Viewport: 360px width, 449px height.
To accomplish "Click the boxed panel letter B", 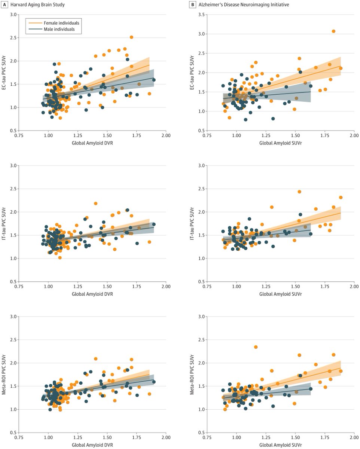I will (193, 4).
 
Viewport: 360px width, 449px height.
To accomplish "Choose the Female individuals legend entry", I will (60, 23).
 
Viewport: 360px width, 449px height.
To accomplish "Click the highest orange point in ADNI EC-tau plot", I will (333, 31).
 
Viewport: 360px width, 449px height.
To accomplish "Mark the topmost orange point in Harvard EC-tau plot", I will (131, 37).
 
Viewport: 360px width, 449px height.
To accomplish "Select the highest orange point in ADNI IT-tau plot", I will (299, 192).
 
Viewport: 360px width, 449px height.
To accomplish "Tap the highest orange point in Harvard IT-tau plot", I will (95, 203).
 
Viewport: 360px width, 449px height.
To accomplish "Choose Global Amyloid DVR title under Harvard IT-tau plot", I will (92, 294).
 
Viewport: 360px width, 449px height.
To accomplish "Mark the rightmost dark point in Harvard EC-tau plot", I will (154, 80).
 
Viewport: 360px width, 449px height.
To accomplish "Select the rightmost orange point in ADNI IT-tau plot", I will (341, 197).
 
